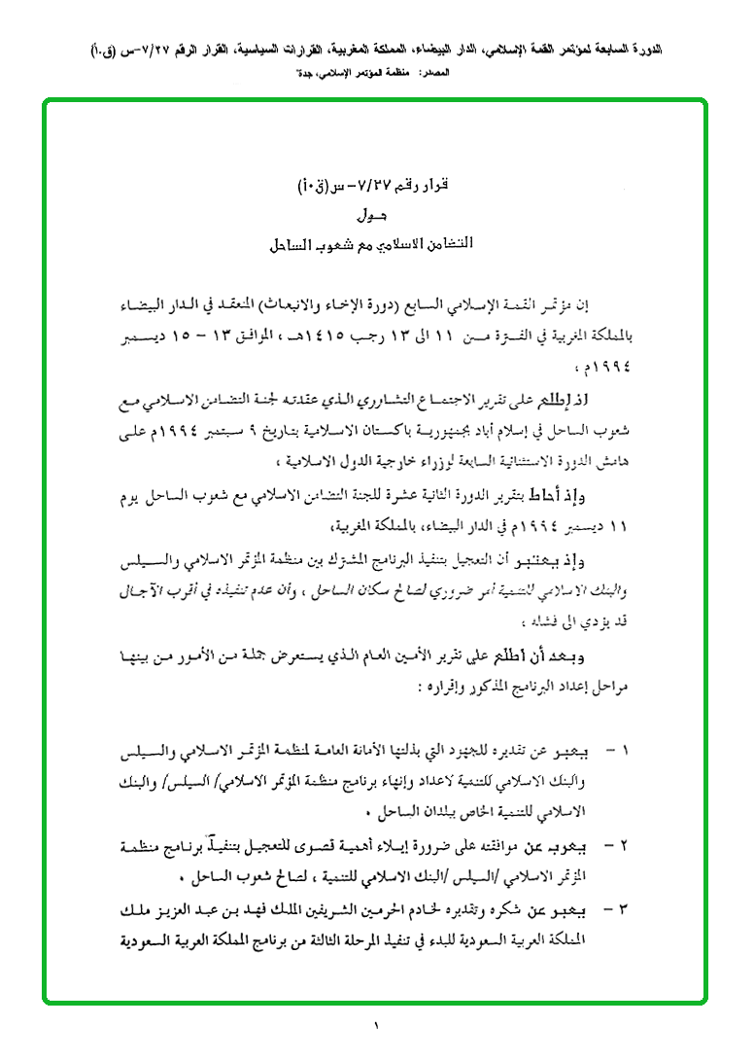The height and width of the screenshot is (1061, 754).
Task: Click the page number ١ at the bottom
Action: (377, 1026)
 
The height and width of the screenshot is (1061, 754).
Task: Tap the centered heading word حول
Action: (376, 214)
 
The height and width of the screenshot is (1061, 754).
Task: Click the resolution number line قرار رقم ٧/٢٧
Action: (375, 186)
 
